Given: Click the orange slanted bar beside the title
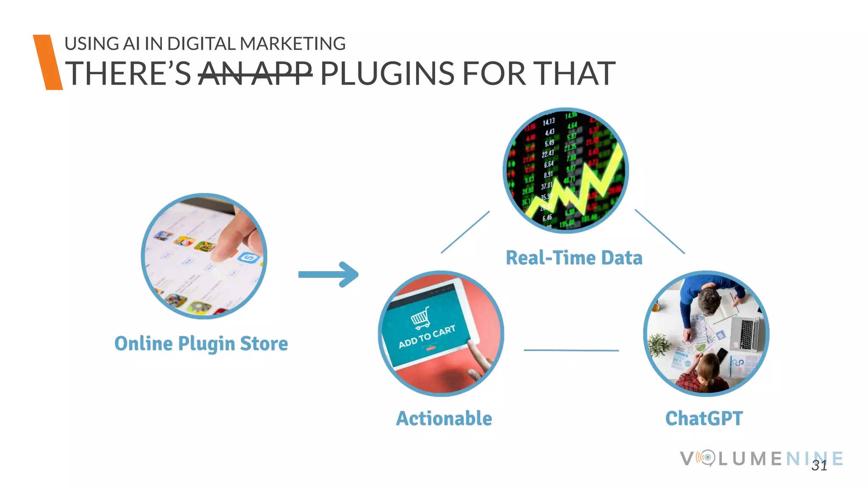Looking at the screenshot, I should tap(47, 62).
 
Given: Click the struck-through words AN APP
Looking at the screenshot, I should tap(255, 74).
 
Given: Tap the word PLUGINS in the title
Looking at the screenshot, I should tap(387, 74).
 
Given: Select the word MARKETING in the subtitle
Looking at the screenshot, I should tap(292, 44).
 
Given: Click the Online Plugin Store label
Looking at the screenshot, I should tap(201, 344).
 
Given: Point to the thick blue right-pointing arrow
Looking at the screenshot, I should tap(329, 274).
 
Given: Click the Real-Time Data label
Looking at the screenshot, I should tap(574, 258).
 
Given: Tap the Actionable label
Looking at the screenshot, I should tap(444, 419).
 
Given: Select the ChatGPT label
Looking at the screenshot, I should tap(704, 419).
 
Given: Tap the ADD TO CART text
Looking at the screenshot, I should tap(427, 337).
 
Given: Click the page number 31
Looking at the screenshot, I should tap(819, 466).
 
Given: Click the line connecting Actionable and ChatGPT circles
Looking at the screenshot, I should tap(571, 350).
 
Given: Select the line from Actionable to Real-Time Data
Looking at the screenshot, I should tap(465, 232).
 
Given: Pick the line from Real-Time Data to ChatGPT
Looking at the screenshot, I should tap(659, 231).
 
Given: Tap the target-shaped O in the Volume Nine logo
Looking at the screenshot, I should tap(707, 458).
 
